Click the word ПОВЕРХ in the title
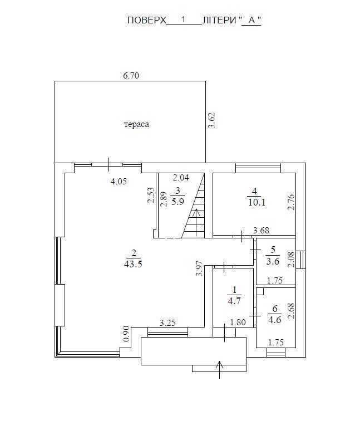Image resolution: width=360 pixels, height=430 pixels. click(x=147, y=20)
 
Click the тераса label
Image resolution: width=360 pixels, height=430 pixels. click(x=136, y=124)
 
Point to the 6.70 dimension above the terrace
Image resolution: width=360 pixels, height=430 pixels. click(x=131, y=76)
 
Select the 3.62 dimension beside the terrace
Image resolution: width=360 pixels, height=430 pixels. click(x=211, y=121)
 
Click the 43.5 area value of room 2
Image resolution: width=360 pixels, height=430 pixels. click(x=134, y=265)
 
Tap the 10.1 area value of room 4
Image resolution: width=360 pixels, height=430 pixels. click(x=257, y=202)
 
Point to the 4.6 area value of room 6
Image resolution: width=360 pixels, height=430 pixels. click(x=274, y=319)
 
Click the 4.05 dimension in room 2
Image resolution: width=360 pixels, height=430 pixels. click(x=120, y=181)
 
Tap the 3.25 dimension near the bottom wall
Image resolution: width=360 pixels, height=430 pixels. click(x=168, y=322)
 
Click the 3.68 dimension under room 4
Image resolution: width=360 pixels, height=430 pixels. click(x=262, y=231)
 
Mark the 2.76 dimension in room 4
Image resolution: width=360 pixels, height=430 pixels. click(x=290, y=201)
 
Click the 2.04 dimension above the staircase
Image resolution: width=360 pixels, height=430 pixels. click(x=181, y=178)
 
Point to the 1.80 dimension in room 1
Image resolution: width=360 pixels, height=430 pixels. click(x=238, y=322)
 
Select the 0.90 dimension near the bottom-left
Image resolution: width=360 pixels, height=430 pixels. click(x=126, y=334)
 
